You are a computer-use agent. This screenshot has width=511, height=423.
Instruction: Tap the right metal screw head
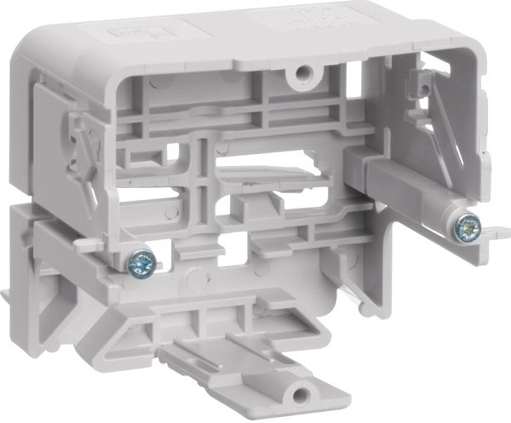click(465, 227)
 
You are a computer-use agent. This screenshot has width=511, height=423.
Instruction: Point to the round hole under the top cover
click(299, 76)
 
